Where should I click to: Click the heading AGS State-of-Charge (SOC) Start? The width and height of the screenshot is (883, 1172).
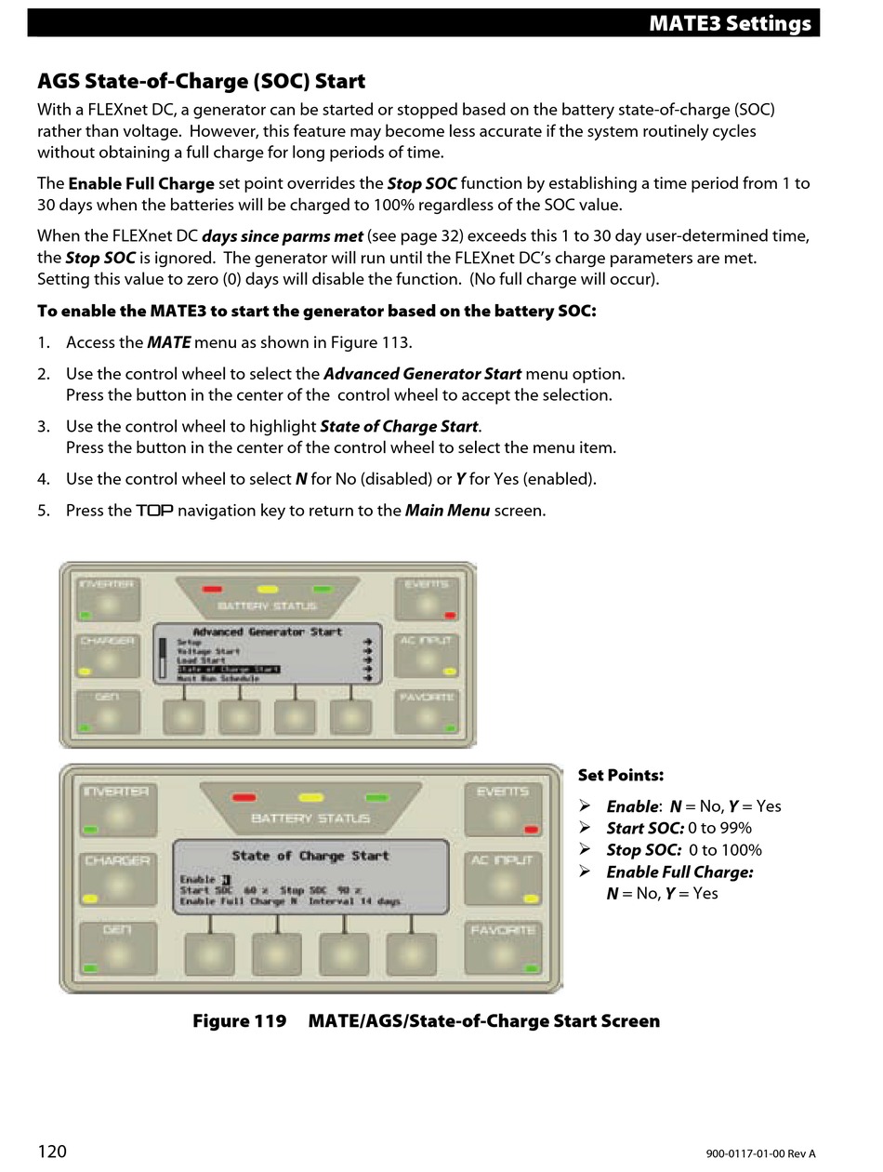click(201, 81)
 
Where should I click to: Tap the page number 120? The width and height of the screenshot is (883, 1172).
click(52, 1152)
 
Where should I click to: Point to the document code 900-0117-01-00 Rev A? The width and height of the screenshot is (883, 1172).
click(760, 1153)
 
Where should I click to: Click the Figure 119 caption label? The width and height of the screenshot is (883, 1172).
click(240, 1020)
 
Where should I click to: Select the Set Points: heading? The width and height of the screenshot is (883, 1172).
click(621, 775)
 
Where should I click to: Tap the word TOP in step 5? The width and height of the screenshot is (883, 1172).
click(155, 511)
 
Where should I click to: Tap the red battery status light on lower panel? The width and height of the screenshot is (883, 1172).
click(244, 797)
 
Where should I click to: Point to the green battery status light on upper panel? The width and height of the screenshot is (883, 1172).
click(323, 589)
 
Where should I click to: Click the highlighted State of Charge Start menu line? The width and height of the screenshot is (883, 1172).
click(228, 669)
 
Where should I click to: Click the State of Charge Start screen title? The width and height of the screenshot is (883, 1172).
click(310, 856)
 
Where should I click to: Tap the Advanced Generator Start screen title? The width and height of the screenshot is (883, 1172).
click(268, 632)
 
